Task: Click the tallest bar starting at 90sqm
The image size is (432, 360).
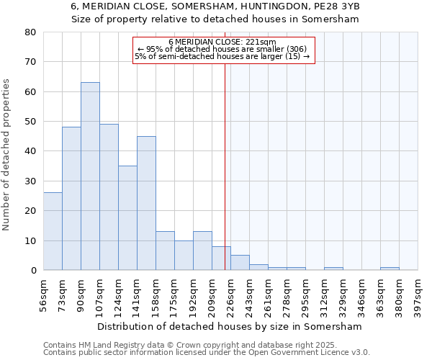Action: [90, 176]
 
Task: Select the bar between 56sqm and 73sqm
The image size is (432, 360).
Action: [53, 231]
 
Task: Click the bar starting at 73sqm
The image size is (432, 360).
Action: [71, 199]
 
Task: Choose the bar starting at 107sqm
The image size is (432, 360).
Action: [109, 197]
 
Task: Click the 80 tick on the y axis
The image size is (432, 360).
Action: [30, 32]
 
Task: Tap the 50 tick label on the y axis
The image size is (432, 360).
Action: [30, 122]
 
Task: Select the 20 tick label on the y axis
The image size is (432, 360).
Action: [30, 211]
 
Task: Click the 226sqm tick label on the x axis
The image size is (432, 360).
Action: [231, 294]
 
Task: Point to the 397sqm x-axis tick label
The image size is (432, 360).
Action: [418, 294]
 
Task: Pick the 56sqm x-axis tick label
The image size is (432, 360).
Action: [44, 294]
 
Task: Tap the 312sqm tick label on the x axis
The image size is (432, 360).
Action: [325, 294]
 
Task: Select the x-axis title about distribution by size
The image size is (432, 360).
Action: [229, 326]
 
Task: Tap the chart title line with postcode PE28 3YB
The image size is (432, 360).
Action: [215, 6]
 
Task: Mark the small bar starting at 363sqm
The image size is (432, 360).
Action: [390, 269]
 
